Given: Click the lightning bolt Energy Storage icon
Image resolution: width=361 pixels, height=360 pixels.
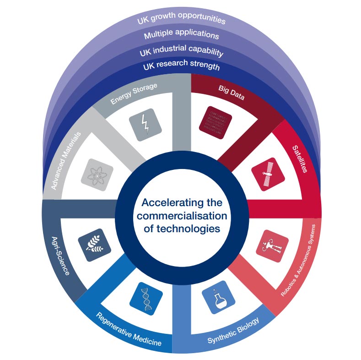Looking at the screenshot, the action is [145, 125].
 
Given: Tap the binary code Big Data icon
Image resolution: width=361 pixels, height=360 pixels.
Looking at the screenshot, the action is [216, 123].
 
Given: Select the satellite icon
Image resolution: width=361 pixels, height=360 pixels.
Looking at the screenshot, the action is [268, 174].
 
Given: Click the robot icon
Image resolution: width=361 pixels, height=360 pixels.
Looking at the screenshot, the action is [272, 246].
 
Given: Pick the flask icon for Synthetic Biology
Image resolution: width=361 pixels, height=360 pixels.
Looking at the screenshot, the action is [219, 297].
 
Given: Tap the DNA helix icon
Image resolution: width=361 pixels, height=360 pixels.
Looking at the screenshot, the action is [146, 299].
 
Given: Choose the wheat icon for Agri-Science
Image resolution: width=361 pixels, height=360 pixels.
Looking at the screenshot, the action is [95, 245].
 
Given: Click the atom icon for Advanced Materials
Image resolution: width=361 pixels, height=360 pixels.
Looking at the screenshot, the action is [97, 175].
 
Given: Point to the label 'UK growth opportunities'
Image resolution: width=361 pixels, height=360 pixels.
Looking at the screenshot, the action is [182, 18].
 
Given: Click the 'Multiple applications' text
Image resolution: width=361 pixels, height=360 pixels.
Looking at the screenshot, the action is [182, 34].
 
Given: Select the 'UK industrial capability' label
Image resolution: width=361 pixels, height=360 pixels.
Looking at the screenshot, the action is [182, 50].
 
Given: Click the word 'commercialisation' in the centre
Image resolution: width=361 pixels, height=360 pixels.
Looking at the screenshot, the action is [182, 216].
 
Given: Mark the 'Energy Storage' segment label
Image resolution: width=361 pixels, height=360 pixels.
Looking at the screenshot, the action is [134, 93].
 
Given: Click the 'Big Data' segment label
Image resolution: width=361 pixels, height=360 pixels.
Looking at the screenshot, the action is [232, 93].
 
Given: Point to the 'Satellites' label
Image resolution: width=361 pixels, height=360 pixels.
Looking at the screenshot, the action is [300, 159].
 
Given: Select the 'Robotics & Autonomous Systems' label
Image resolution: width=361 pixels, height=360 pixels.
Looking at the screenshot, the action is [298, 260].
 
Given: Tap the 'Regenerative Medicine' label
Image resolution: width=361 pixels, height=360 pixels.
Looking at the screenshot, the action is [129, 329].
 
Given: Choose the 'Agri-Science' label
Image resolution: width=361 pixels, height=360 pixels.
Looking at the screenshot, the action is [60, 256].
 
